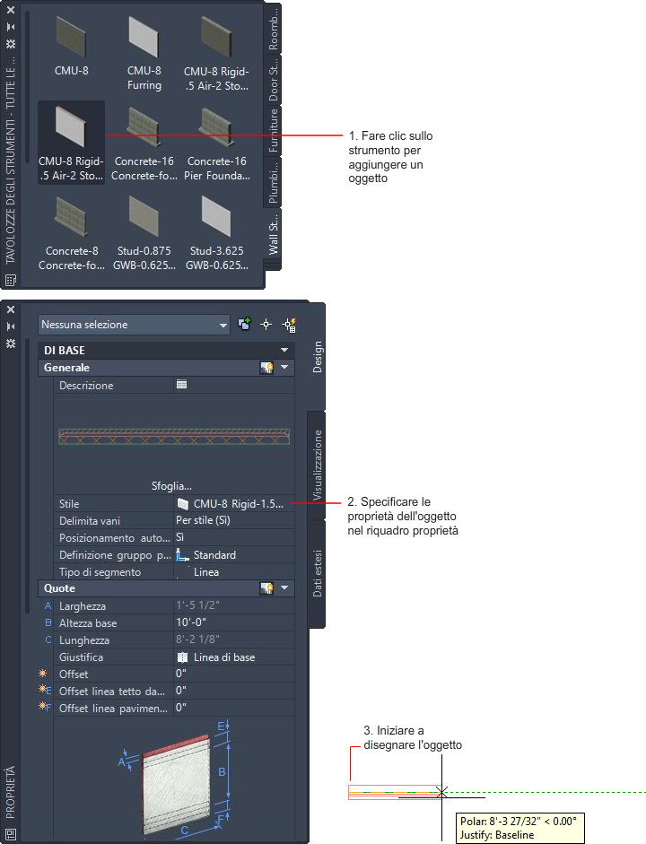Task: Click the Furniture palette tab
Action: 274,130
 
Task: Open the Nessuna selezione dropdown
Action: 134,325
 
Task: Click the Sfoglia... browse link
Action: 171,486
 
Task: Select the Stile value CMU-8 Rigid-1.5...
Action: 238,504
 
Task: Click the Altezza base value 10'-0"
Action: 191,622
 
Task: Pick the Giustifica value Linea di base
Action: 224,657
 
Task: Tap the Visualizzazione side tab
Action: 317,466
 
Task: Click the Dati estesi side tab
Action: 317,573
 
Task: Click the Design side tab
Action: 317,357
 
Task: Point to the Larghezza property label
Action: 83,606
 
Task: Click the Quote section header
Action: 59,588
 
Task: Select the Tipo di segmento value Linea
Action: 206,572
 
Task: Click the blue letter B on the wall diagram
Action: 222,772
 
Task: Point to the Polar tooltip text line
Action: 519,822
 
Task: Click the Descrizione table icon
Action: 181,384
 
